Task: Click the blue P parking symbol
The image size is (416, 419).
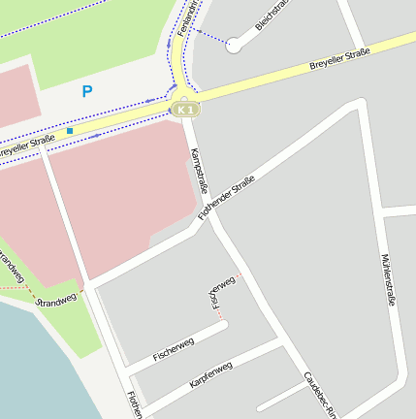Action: pyautogui.click(x=87, y=92)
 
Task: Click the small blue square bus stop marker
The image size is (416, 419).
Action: pyautogui.click(x=70, y=131)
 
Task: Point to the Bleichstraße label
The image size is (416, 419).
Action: pyautogui.click(x=272, y=15)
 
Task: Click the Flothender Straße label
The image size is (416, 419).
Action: pyautogui.click(x=226, y=198)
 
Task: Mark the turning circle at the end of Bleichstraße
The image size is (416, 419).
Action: pyautogui.click(x=234, y=45)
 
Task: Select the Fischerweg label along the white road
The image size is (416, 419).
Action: pyautogui.click(x=174, y=351)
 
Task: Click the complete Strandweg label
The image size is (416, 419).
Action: pyautogui.click(x=55, y=300)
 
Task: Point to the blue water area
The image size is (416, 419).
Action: pyautogui.click(x=39, y=369)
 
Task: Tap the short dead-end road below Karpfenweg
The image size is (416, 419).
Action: pyautogui.click(x=281, y=397)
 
